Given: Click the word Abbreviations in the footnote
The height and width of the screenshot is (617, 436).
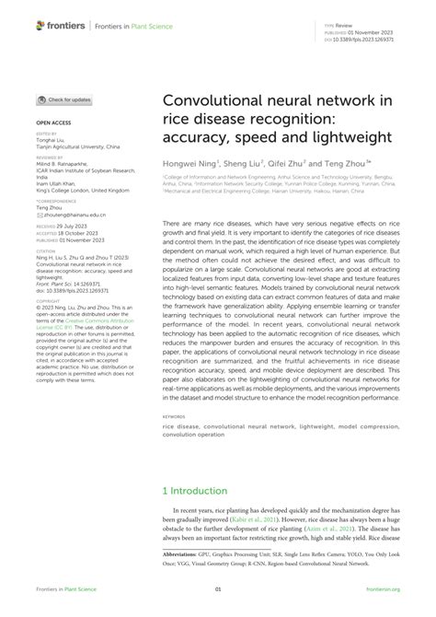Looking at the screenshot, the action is (187, 554).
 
